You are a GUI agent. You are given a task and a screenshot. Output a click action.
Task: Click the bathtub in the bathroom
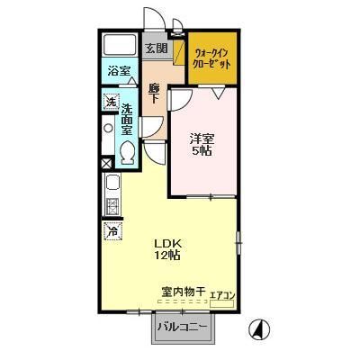coord(118,45)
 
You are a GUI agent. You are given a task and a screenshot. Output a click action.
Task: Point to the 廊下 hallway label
coord(154,94)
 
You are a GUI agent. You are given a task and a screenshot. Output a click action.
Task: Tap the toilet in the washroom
coord(128,153)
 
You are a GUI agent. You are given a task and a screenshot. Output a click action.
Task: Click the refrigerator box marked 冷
coord(112,231)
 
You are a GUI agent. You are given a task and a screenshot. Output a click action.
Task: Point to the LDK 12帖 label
coord(167,248)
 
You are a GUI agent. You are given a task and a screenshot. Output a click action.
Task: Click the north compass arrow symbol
coord(257,330)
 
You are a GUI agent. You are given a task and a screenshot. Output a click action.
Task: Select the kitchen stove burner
coord(112,205)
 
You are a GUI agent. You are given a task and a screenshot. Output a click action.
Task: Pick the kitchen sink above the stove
coord(111,184)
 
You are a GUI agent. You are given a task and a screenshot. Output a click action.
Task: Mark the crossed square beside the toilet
coord(108,164)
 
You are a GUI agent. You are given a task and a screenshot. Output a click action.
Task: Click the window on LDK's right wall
coord(238,238)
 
